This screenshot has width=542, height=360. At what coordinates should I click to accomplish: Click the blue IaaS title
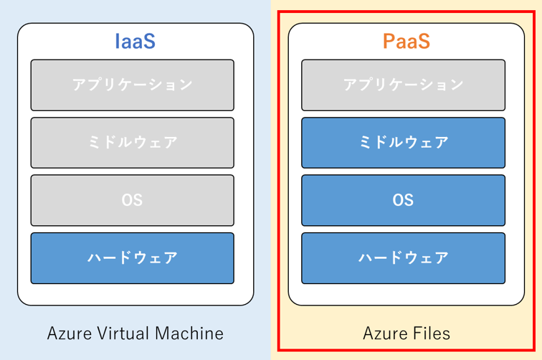(135, 41)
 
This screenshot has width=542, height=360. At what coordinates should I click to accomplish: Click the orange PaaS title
(406, 41)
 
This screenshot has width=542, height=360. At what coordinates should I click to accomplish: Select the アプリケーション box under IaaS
(133, 85)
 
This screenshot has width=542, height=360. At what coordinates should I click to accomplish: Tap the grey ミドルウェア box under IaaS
(133, 143)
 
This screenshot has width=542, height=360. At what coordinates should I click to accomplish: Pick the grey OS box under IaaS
(133, 200)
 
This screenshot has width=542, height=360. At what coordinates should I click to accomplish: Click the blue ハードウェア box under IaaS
(133, 258)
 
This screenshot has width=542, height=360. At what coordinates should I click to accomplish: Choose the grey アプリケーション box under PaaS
(403, 85)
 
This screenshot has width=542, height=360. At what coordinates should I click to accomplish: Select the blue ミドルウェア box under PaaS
(403, 143)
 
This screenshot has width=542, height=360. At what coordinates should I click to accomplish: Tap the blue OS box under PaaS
(403, 200)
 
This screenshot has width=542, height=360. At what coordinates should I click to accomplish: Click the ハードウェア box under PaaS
(403, 258)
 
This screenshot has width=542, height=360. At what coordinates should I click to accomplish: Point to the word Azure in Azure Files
(383, 333)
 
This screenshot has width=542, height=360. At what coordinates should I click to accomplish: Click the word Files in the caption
(429, 333)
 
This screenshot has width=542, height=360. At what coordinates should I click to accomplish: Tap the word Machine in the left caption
(189, 333)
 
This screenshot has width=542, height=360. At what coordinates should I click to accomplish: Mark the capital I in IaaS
(117, 41)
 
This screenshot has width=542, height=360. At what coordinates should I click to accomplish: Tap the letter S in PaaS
(424, 41)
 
